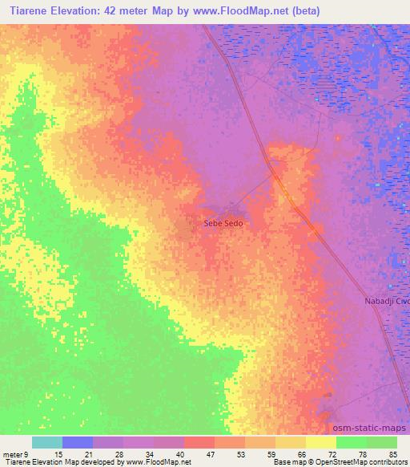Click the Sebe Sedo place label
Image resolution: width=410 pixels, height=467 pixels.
point(223,224)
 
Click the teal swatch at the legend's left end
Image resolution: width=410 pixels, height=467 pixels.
point(47,442)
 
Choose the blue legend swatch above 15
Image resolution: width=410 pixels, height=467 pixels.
point(78,442)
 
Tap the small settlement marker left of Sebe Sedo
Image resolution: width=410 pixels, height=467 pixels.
point(190,227)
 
